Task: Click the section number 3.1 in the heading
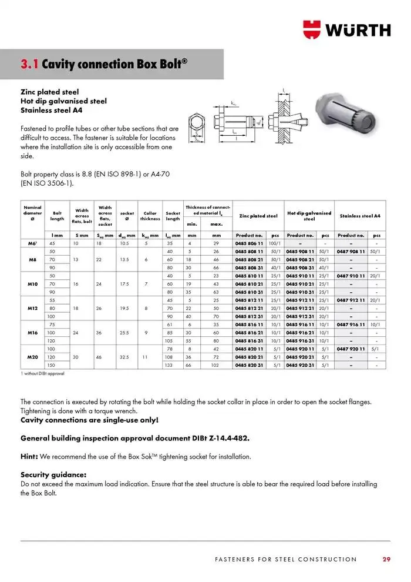(29, 63)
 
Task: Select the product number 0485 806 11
(249, 243)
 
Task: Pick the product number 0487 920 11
(351, 349)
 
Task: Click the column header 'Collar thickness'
(150, 216)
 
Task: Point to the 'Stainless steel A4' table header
(360, 216)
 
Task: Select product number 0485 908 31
(300, 267)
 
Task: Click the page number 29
(386, 559)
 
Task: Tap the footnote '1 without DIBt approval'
(42, 373)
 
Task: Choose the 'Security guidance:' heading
(53, 474)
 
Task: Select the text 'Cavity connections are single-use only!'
(89, 420)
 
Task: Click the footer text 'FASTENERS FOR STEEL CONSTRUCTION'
(285, 559)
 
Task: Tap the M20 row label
(33, 357)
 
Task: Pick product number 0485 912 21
(300, 308)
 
